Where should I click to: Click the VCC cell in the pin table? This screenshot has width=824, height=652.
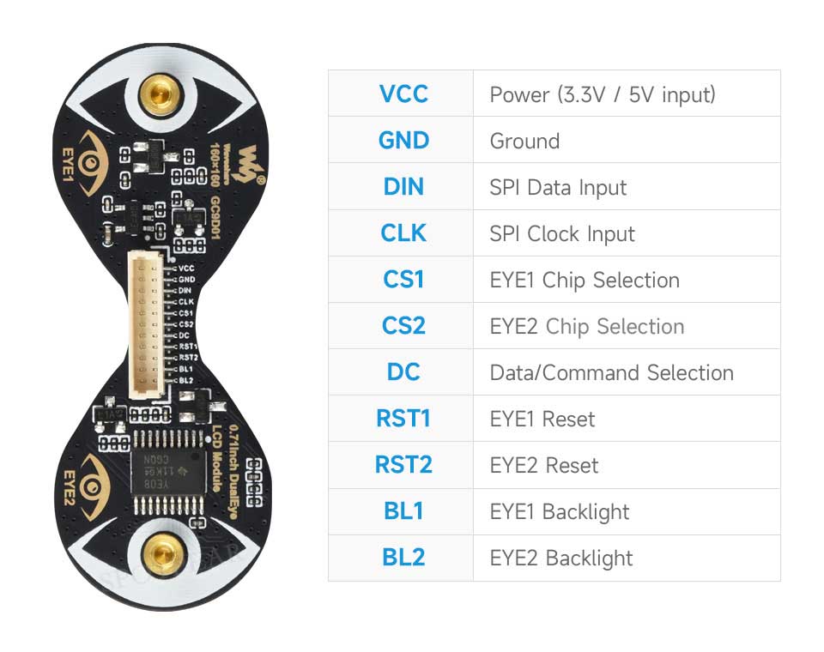(403, 94)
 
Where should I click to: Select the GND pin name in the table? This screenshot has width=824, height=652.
(403, 140)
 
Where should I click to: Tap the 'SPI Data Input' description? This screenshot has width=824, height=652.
(558, 187)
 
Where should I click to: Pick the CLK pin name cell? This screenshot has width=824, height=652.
(403, 233)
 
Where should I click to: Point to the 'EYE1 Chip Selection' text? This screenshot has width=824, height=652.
(584, 280)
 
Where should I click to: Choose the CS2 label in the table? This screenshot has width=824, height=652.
(403, 326)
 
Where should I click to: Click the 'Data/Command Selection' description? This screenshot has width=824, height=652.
(611, 372)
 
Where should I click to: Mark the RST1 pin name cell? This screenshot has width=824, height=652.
(403, 419)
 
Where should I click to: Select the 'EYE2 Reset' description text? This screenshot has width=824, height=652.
(543, 465)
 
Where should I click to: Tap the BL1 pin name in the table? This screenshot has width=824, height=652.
(403, 511)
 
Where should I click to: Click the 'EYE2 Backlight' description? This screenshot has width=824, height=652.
(560, 558)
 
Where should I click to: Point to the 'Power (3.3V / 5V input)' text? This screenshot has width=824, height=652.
(602, 94)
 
